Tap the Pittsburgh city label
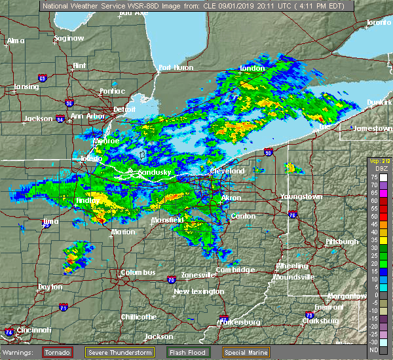click(343, 242)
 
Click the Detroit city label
click(124, 109)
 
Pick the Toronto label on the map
click(378, 22)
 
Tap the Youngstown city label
click(301, 196)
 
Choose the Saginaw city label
click(69, 38)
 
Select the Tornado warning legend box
click(58, 351)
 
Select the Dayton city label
click(50, 287)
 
